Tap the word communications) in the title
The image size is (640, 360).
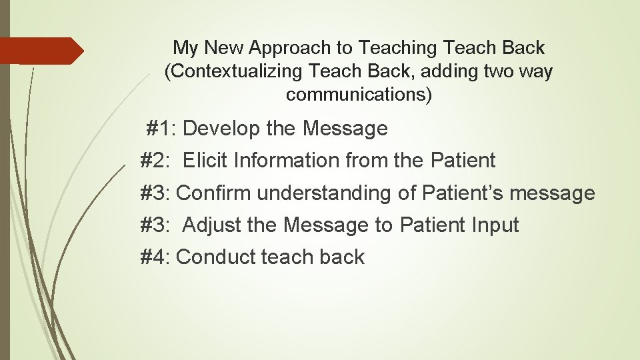pos(359,95)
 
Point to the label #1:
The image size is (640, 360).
pos(161,128)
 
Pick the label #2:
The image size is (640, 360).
pos(156,161)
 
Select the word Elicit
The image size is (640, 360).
pos(205,161)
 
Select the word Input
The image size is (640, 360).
pos(493,225)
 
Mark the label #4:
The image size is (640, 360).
pos(156,257)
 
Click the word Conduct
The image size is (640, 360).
pos(216,257)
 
